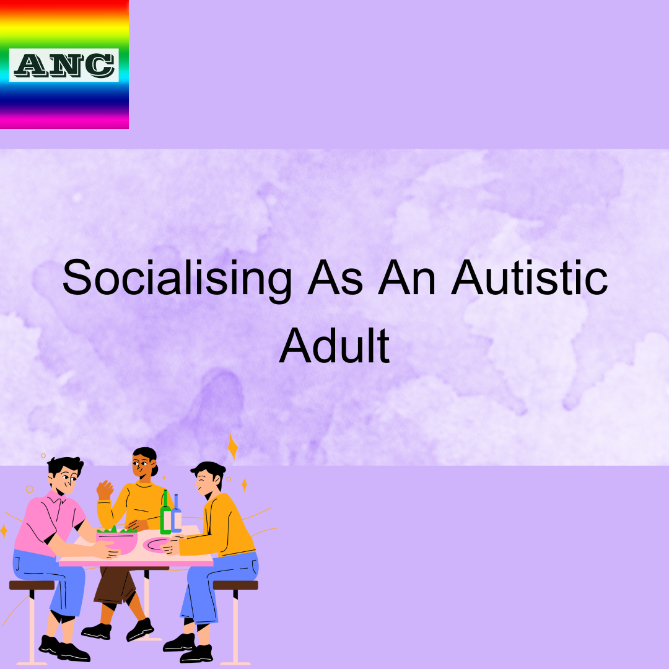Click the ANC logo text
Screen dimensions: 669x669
(x=64, y=65)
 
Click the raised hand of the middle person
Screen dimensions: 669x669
(x=105, y=489)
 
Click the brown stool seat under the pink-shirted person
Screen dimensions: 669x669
(x=32, y=585)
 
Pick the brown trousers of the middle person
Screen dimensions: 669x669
(x=115, y=585)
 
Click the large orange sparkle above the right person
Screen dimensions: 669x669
(x=233, y=446)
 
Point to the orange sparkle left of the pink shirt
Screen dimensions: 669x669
(x=4, y=530)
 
